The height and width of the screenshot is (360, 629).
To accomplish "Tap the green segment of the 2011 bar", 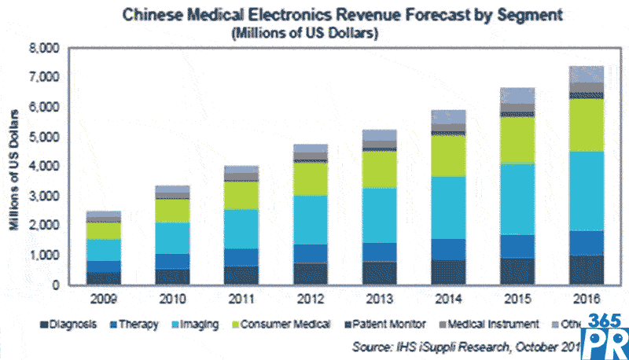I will (x=241, y=195).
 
